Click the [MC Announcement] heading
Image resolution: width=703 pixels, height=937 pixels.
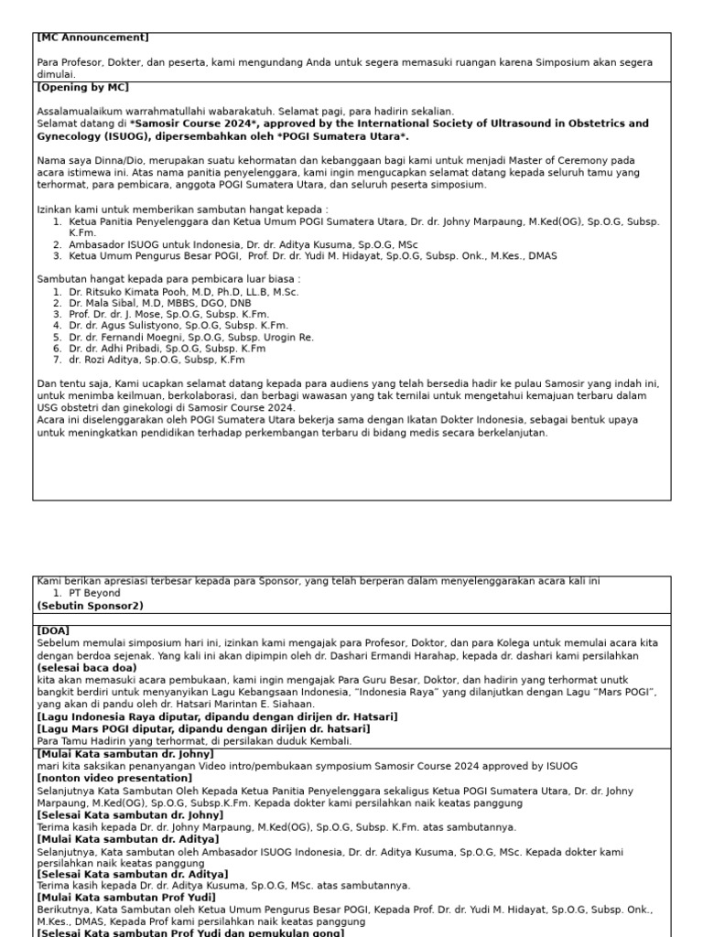pyautogui.click(x=92, y=38)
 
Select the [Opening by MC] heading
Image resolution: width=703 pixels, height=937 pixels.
pyautogui.click(x=82, y=88)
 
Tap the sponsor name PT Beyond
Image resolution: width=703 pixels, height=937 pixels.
pyautogui.click(x=95, y=593)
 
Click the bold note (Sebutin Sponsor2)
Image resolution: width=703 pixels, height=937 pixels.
pyautogui.click(x=90, y=606)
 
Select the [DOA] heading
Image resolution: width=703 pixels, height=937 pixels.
pyautogui.click(x=53, y=630)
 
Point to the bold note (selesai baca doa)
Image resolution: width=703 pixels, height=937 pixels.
pyautogui.click(x=87, y=667)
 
